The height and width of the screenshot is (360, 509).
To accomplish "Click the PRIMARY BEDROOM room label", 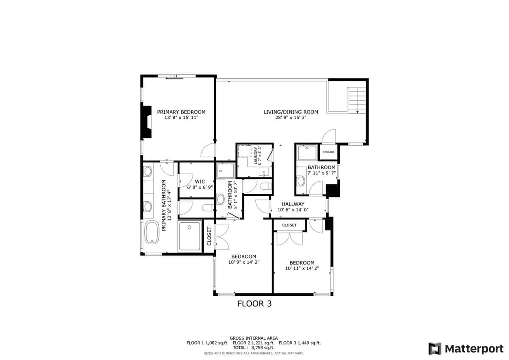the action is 181,112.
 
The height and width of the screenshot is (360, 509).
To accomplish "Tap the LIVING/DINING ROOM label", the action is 291,112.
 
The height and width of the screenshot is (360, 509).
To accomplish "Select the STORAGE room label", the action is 328,152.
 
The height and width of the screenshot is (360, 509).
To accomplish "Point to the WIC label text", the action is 200,181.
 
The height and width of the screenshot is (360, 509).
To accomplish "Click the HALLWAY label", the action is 293,204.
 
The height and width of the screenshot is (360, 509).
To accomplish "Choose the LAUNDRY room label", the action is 256,156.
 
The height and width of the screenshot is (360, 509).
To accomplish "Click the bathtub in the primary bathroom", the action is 152,232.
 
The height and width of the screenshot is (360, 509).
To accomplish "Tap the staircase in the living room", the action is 357,100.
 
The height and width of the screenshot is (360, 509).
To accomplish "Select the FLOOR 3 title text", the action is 254,304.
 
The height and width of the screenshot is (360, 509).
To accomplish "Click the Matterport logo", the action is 466,349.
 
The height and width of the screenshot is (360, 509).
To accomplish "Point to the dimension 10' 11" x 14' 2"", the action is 302,268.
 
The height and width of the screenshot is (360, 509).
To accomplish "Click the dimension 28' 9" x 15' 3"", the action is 291,118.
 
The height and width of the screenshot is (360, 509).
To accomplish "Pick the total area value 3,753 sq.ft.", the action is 263,348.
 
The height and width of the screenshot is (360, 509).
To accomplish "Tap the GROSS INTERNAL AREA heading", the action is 254,338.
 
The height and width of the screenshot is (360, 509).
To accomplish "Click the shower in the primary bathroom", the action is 190,236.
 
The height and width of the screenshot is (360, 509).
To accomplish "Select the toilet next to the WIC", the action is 208,208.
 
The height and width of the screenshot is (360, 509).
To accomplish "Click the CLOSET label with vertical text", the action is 209,236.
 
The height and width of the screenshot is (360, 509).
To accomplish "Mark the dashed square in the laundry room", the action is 244,151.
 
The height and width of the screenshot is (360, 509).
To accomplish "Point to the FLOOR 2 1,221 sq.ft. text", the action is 254,343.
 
